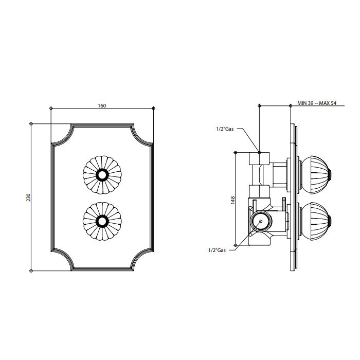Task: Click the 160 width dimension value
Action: pyautogui.click(x=102, y=105)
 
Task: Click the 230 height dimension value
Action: pyautogui.click(x=28, y=197)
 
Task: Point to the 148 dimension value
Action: pyautogui.click(x=232, y=200)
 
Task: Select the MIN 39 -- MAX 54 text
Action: pyautogui.click(x=317, y=103)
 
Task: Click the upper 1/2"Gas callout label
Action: pyautogui.click(x=225, y=129)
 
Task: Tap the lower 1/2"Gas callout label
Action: pyautogui.click(x=217, y=250)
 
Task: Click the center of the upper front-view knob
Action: pyautogui.click(x=102, y=175)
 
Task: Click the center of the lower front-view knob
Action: pyautogui.click(x=102, y=221)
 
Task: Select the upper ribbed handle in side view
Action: pyautogui.click(x=315, y=175)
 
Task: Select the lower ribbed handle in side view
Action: pyautogui.click(x=315, y=221)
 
